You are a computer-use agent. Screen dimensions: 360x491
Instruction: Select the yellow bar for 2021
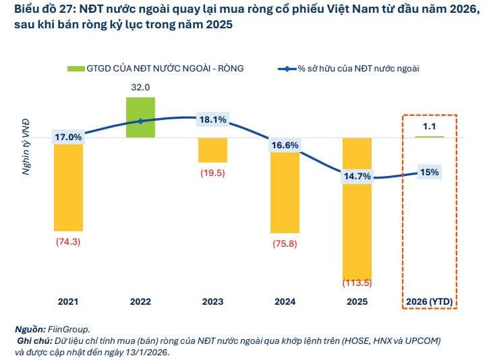tap(68, 187)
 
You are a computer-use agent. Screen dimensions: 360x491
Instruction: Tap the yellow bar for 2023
tap(212, 150)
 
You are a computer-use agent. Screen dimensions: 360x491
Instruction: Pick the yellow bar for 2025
tap(357, 202)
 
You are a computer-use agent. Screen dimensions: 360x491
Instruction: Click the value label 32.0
tap(140, 87)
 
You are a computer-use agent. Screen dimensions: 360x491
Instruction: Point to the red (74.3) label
tap(68, 242)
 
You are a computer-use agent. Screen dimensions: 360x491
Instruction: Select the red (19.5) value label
tap(212, 173)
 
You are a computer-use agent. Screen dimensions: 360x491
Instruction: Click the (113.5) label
tap(357, 282)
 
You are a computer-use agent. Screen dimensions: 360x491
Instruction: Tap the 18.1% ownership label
tap(212, 120)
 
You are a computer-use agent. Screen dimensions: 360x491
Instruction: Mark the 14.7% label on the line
tap(357, 177)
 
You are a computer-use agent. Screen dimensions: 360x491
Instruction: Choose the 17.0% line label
tap(68, 137)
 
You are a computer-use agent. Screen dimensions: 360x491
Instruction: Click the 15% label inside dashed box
tap(430, 172)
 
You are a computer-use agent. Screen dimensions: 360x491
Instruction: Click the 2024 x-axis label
tap(285, 302)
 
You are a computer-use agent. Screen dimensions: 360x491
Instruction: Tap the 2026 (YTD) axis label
tap(429, 302)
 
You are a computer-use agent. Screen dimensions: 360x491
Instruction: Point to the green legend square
tap(75, 68)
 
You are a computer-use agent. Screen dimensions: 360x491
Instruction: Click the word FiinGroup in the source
tap(69, 329)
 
